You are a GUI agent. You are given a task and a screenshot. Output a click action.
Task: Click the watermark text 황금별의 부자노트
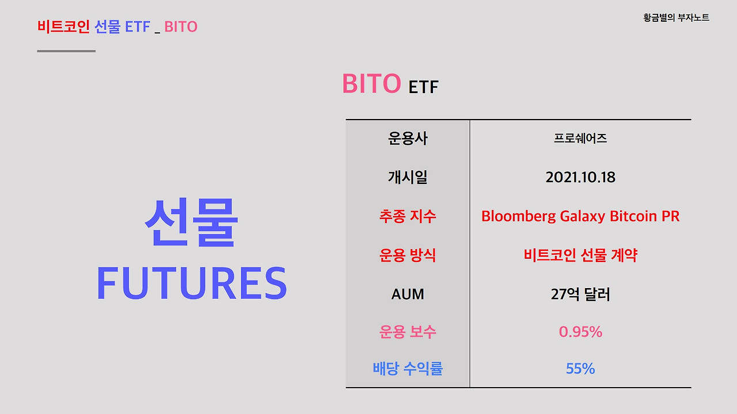point(676,18)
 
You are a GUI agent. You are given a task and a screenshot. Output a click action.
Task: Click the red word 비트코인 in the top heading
point(63,26)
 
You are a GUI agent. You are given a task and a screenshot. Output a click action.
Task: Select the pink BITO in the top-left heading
point(181,26)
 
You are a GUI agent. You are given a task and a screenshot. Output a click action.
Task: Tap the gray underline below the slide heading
point(66,51)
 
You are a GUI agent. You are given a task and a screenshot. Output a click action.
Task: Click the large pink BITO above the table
point(371,84)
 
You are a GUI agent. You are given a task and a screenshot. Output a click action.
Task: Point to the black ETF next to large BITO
point(423,87)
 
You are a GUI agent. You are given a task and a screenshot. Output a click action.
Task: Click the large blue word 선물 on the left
point(191,222)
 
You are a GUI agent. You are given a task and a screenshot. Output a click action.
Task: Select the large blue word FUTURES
point(191,283)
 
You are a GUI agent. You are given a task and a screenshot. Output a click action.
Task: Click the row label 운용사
point(408,139)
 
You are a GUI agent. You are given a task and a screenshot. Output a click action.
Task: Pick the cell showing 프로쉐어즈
point(580,139)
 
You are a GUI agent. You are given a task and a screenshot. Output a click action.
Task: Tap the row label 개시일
point(408,177)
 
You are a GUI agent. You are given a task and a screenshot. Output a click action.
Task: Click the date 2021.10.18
point(580,177)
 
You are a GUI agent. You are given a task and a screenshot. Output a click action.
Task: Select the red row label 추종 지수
point(408,216)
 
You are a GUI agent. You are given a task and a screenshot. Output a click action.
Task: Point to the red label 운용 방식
point(408,255)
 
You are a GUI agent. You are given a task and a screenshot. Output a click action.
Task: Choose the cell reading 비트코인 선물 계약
point(580,255)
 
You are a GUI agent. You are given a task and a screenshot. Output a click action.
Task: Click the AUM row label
point(408,294)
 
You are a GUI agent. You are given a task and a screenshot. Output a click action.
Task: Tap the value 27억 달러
point(580,294)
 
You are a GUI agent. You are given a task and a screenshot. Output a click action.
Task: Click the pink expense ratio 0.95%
point(580,332)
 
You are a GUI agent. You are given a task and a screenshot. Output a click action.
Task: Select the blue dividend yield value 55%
point(580,369)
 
